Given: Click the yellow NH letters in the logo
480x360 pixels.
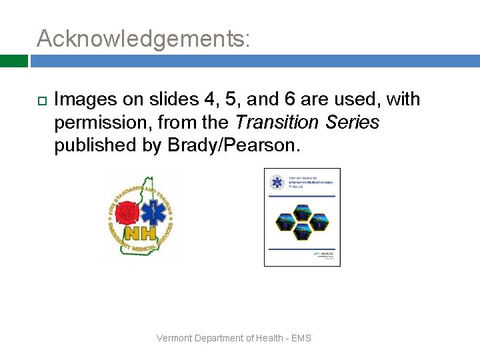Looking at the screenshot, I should (140, 233).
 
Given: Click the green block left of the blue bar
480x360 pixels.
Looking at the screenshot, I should (13, 61).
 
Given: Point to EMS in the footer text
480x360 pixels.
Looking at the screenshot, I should (301, 338).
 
